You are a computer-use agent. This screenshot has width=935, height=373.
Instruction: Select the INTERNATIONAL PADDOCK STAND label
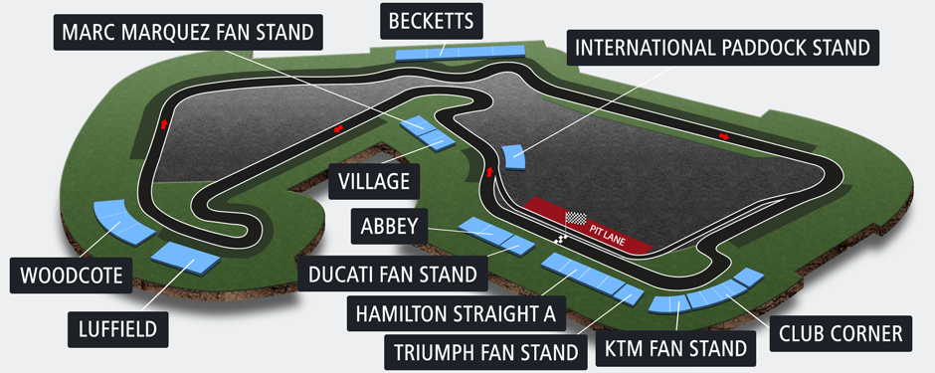pyautogui.click(x=723, y=48)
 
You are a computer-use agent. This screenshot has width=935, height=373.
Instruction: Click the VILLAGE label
pyautogui.click(x=374, y=181)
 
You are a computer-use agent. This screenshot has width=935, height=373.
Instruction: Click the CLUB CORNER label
pyautogui.click(x=841, y=333)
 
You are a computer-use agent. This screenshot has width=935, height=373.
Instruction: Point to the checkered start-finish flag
pyautogui.click(x=576, y=217)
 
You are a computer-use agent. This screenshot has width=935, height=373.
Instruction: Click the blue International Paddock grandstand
pyautogui.click(x=514, y=156)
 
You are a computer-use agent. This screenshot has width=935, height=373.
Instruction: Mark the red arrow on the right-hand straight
pyautogui.click(x=724, y=136)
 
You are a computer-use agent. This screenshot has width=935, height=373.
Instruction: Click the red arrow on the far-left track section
pyautogui.click(x=163, y=124)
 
